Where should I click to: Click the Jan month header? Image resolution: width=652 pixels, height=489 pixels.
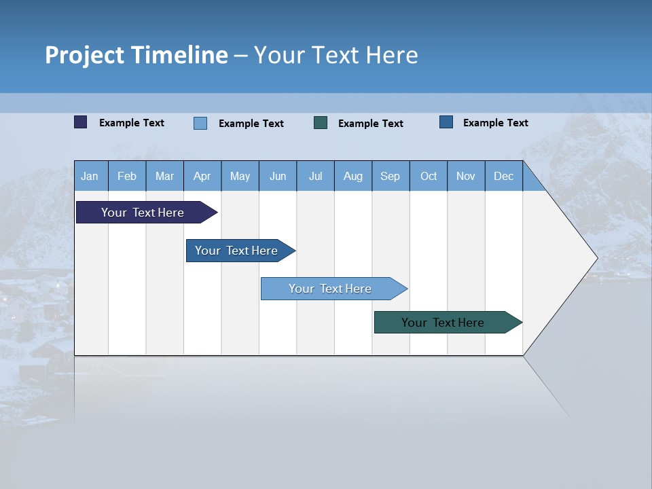(90, 176)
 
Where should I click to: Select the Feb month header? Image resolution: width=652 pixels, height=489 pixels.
(127, 176)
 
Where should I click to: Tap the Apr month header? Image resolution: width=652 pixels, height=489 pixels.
(202, 176)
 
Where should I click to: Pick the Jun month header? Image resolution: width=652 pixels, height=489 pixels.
(278, 176)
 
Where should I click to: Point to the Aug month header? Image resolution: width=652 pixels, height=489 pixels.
(352, 176)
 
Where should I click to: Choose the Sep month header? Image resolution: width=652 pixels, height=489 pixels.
(390, 176)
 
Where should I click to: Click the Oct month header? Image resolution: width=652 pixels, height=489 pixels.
(429, 176)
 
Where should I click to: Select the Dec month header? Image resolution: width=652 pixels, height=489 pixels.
(503, 176)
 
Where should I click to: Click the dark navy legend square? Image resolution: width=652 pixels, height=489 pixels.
(80, 122)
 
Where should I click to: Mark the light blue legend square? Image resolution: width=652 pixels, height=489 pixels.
(200, 123)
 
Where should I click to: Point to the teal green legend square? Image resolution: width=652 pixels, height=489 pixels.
(321, 122)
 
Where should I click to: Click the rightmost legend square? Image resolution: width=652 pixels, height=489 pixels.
(446, 122)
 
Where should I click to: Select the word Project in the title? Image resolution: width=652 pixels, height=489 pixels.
(85, 55)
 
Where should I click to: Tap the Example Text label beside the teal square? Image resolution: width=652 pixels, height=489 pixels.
(370, 123)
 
